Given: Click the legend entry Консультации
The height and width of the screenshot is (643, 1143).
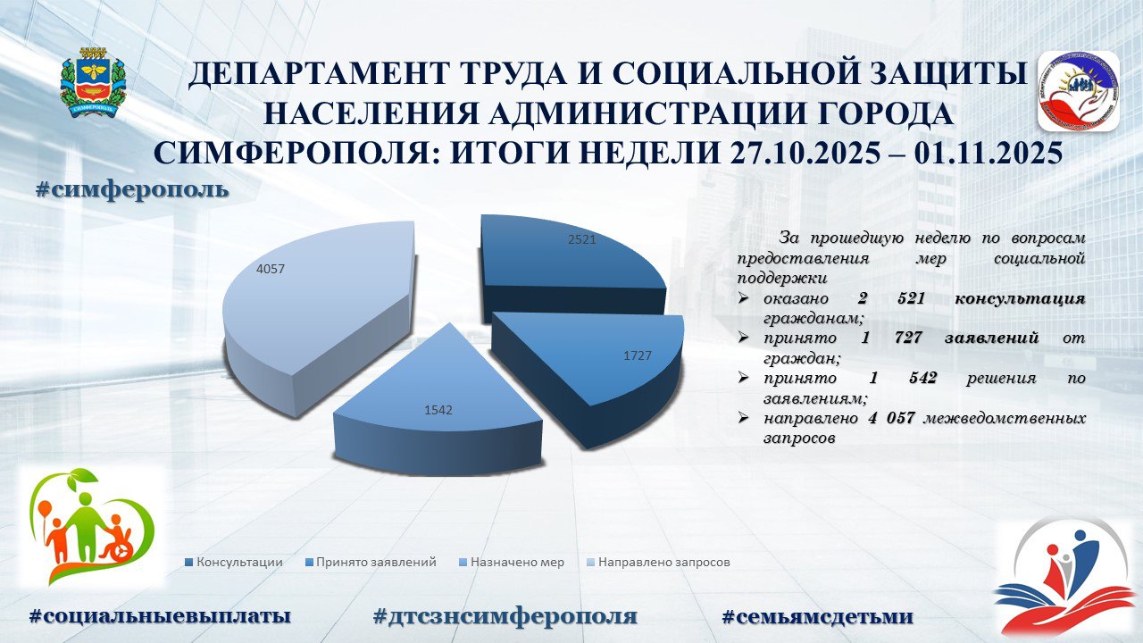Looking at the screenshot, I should tap(233, 563).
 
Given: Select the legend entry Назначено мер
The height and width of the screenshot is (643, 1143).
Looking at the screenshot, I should tap(512, 563).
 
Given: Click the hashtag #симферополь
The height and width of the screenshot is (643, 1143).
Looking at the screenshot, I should tap(132, 190).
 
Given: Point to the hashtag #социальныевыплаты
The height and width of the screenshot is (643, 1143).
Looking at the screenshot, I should tap(161, 615).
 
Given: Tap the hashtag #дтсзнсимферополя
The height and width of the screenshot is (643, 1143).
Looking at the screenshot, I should tap(505, 615).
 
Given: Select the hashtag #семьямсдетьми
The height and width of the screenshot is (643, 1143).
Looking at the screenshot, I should tap(817, 615).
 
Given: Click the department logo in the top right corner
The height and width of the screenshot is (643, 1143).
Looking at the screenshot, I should tap(1078, 90).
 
